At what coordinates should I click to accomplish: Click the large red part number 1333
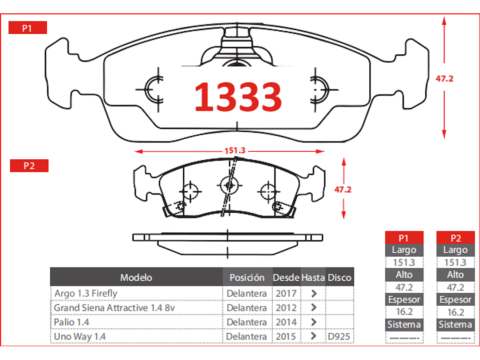coord(238,97)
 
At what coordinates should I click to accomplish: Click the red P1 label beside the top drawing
coord(28,28)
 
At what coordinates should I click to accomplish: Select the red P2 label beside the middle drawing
coord(29,166)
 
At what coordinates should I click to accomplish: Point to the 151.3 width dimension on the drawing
coord(235,150)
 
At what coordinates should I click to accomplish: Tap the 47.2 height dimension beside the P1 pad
coord(444,79)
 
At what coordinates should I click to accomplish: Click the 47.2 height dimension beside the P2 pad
coord(343,190)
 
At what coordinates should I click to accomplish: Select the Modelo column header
coord(136,277)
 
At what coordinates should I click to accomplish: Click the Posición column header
coord(247,277)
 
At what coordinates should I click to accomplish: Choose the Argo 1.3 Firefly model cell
coord(86,293)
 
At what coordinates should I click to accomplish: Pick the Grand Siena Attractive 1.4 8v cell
coord(114,307)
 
